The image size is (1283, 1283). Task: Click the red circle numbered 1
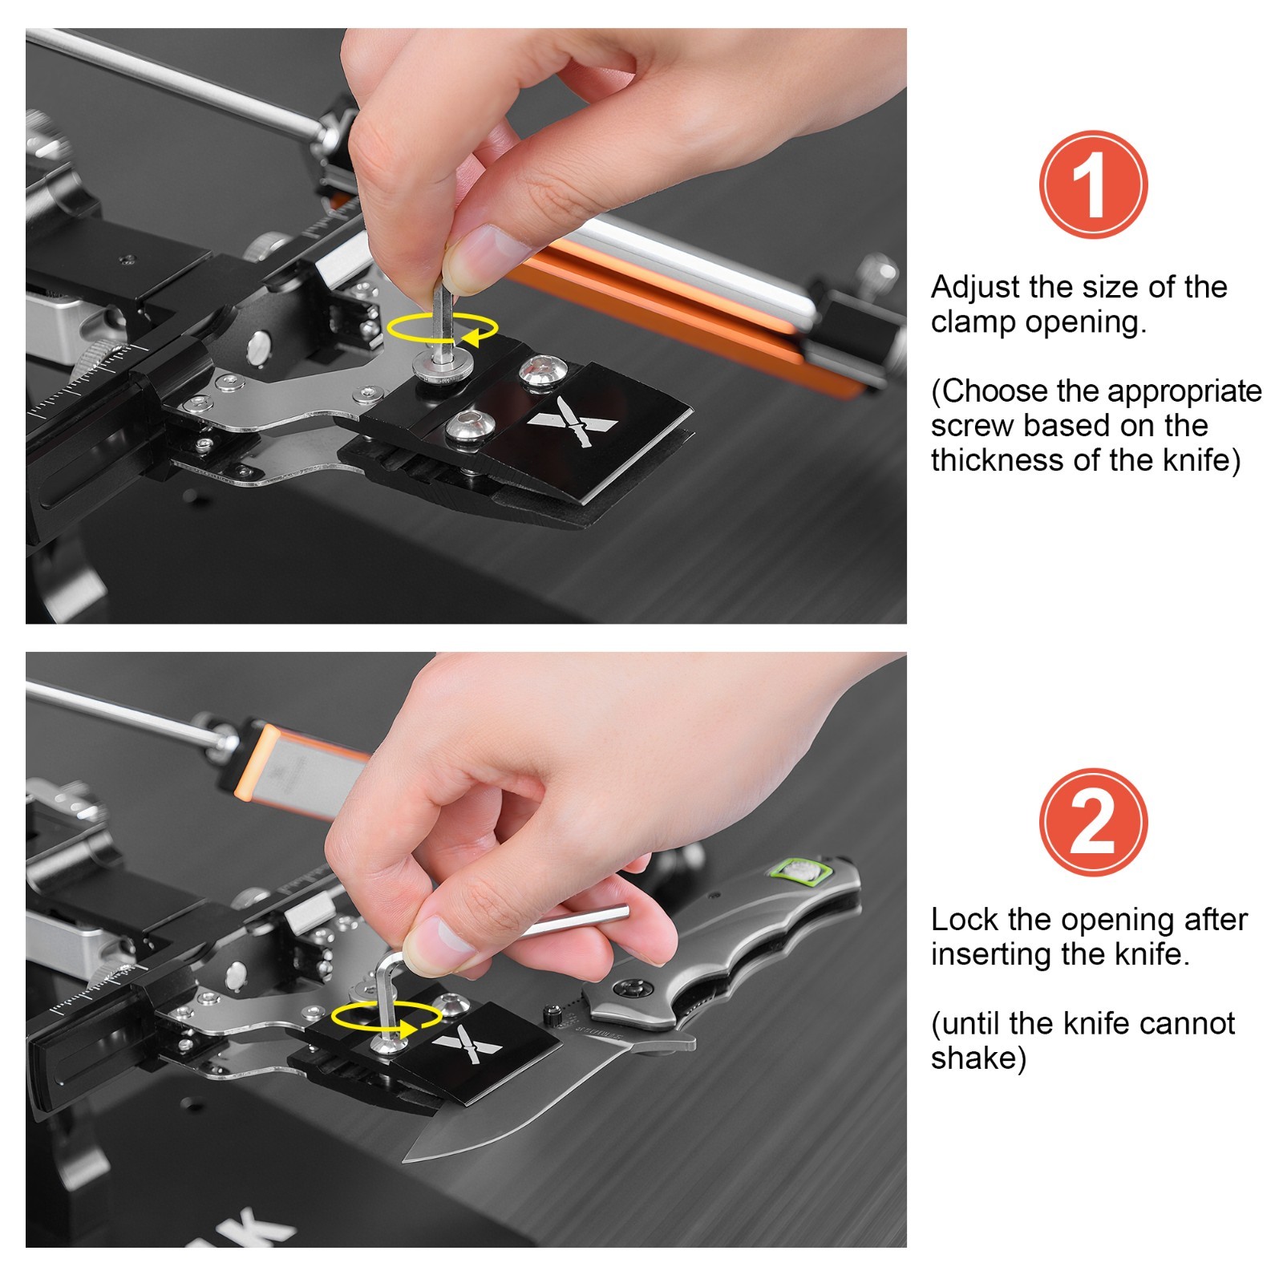tap(1093, 184)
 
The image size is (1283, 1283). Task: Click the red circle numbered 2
tap(1093, 822)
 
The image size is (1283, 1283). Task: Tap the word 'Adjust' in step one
tap(975, 287)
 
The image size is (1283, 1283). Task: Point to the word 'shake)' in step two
tap(978, 1058)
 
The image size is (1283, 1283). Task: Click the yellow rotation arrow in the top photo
tap(443, 330)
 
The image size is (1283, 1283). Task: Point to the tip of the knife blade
tap(406, 1160)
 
